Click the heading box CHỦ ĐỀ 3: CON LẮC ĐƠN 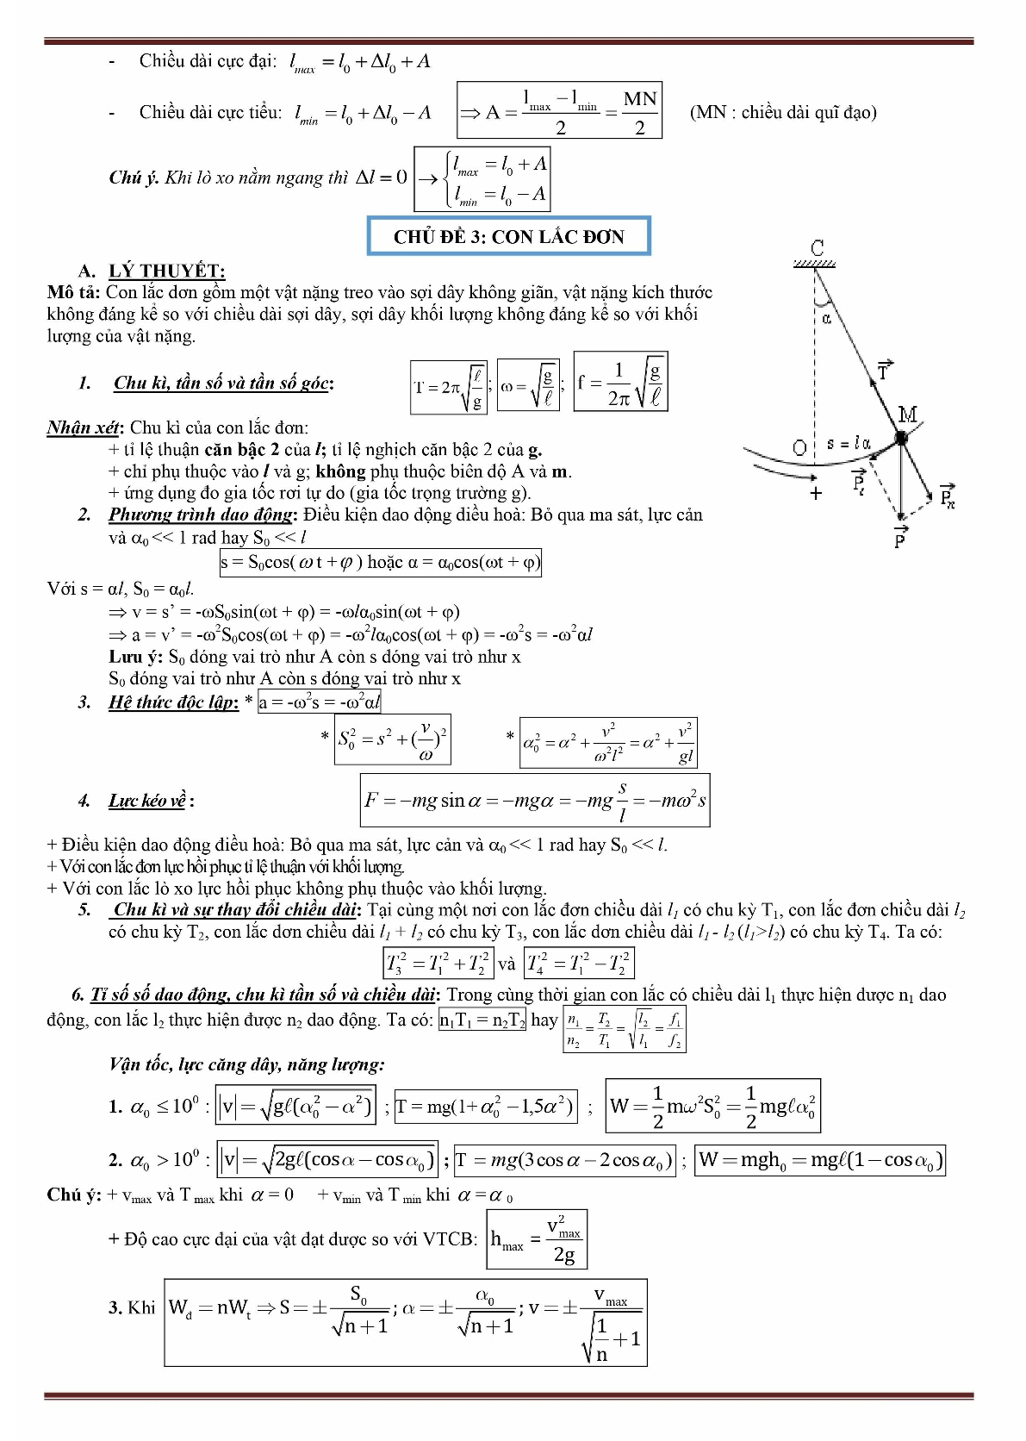tap(508, 236)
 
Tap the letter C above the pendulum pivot tap(818, 248)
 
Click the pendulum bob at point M tap(901, 438)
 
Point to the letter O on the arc tap(799, 447)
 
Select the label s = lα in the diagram tap(849, 444)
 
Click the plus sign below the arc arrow tap(816, 493)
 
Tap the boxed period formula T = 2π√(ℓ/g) tap(449, 387)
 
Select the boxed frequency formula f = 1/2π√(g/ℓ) tap(620, 381)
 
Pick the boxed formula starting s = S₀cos tap(380, 563)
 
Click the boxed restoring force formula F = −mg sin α tap(535, 801)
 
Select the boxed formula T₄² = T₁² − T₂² tap(579, 963)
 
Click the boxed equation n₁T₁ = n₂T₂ tap(482, 1020)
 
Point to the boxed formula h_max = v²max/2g tap(537, 1239)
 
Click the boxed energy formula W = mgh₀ tap(821, 1160)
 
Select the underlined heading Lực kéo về tap(146, 801)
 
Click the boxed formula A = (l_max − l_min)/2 tap(559, 110)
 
